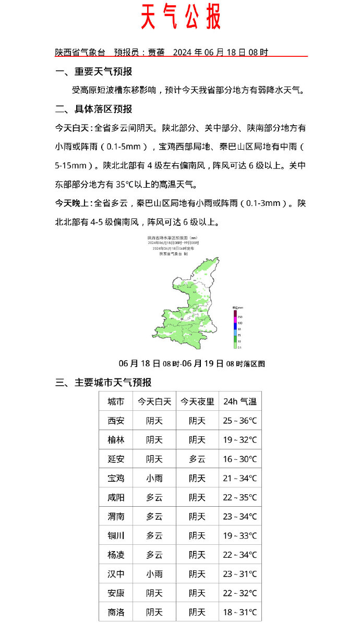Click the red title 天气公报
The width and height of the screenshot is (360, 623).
point(181,18)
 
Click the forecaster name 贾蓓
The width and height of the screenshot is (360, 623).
point(156,52)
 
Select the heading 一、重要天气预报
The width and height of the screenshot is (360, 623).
point(94,71)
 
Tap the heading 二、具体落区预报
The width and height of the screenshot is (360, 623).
point(94,109)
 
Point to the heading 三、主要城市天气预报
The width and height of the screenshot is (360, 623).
point(103,383)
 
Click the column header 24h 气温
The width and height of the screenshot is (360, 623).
point(240,401)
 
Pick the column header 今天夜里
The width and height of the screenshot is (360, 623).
point(197,401)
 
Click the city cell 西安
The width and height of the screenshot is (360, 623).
point(116,421)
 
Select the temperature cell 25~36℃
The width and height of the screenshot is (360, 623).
point(240,421)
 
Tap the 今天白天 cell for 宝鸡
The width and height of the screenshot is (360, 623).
point(154,478)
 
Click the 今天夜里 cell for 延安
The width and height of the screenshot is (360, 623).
point(197,459)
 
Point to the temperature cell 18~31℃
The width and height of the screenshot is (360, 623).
point(240,613)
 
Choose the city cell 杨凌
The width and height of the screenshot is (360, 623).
point(116,555)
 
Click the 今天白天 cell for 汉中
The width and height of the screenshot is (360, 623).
point(154,574)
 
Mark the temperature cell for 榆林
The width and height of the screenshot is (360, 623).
point(240,440)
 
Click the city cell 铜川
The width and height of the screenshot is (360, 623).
point(116,535)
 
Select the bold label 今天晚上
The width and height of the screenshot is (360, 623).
point(74,203)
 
